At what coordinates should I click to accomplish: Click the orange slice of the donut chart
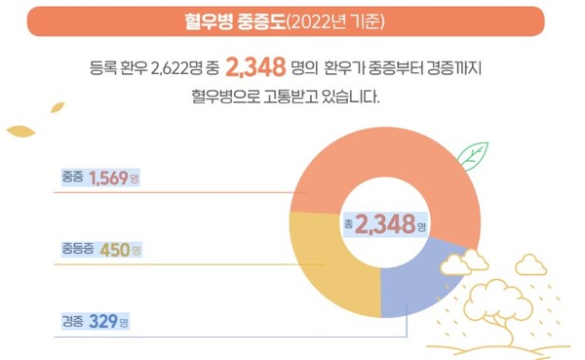pyautogui.click(x=390, y=156)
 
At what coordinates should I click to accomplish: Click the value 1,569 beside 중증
pyautogui.click(x=108, y=178)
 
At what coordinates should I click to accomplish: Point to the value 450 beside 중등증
pyautogui.click(x=114, y=250)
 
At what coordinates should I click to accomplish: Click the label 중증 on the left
pyautogui.click(x=72, y=179)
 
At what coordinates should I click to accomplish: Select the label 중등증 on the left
pyautogui.click(x=78, y=250)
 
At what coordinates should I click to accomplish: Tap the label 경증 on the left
pyautogui.click(x=72, y=321)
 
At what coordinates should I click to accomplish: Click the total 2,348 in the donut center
pyautogui.click(x=384, y=225)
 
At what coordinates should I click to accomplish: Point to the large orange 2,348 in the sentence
pyautogui.click(x=254, y=66)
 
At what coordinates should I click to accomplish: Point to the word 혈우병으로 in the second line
pyautogui.click(x=229, y=97)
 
